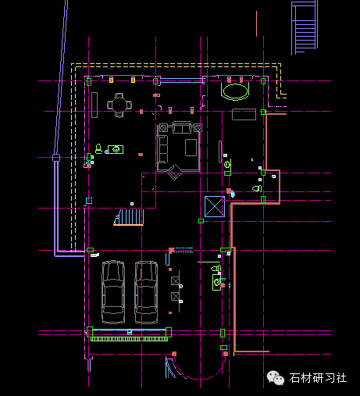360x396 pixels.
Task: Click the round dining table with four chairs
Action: (x=119, y=105)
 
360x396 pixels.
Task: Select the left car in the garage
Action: (x=113, y=292)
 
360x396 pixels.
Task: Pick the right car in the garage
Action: (x=146, y=292)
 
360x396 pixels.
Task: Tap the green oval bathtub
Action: (x=235, y=91)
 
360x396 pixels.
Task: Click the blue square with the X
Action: (x=215, y=206)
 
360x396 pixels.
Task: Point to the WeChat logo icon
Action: (x=276, y=378)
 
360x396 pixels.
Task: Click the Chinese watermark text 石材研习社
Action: (x=318, y=378)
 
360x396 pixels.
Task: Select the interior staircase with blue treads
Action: (x=129, y=217)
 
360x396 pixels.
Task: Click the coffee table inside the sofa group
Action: (x=191, y=148)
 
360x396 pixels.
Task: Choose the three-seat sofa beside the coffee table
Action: (x=162, y=149)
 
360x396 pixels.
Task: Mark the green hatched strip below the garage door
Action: (x=129, y=339)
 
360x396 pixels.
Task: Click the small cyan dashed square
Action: (x=89, y=201)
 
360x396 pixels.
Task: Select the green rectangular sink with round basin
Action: (x=116, y=149)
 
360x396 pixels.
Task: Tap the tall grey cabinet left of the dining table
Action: (x=94, y=105)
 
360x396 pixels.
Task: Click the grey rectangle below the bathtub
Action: (x=244, y=115)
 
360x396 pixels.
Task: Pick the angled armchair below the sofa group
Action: (x=175, y=172)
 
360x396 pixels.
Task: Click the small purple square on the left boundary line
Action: (x=56, y=158)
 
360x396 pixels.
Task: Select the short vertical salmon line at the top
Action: (x=256, y=23)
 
